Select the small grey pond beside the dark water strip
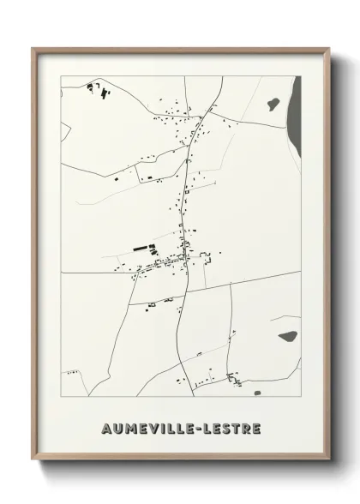tap(273, 103)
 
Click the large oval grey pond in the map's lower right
tap(286, 336)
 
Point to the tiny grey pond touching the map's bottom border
tap(256, 393)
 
